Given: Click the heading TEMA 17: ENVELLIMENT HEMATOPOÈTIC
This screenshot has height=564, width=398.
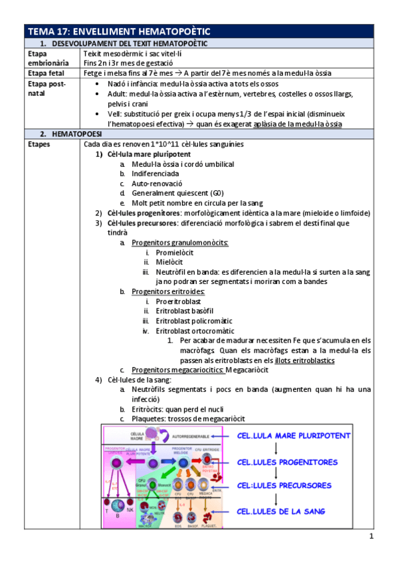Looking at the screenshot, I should [120, 31].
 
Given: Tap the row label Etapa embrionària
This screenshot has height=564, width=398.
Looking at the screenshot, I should [45, 58].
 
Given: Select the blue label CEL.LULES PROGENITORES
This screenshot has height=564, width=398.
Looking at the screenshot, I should [288, 462].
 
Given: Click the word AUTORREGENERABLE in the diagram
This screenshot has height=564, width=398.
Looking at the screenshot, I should [191, 438].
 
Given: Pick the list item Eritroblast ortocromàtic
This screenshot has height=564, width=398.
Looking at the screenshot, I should [195, 331].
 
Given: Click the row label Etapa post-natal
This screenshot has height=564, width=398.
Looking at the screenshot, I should [46, 89].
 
